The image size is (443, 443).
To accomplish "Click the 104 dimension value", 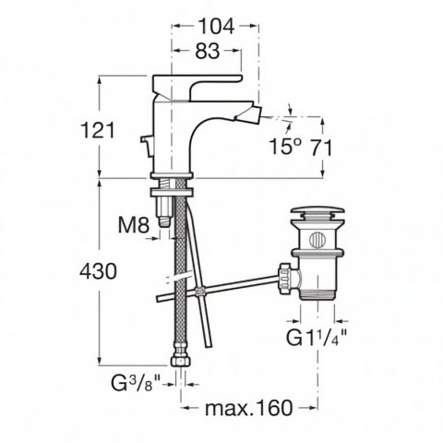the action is (x=216, y=27).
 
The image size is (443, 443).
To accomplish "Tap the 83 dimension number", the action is (x=208, y=51).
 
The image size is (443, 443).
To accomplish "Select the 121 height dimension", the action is (x=98, y=130).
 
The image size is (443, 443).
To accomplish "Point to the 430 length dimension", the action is (x=98, y=271).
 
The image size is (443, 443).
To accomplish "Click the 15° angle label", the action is (x=285, y=146).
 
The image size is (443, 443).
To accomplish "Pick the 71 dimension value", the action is (x=321, y=148).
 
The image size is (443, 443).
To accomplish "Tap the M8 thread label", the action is (x=134, y=225).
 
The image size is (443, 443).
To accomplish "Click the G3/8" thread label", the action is (x=136, y=383).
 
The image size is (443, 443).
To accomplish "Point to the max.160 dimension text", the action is (x=248, y=408).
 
